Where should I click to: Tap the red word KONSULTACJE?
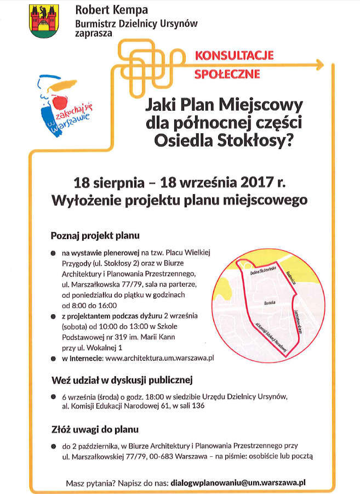[234, 55]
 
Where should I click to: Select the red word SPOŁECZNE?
[227, 73]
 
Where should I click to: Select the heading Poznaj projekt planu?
[95, 236]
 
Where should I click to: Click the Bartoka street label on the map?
[270, 302]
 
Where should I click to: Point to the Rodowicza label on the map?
[293, 280]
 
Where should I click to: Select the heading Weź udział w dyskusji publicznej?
[121, 379]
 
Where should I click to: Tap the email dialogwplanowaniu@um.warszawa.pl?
[238, 483]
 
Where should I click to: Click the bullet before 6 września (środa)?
[53, 396]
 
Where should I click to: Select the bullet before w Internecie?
[53, 359]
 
